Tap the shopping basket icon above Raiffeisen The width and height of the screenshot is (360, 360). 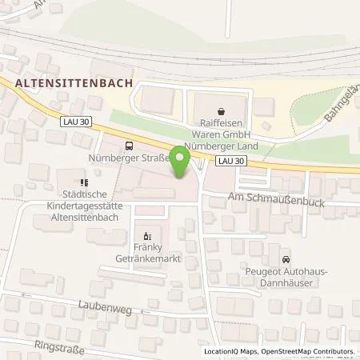[x=221, y=113]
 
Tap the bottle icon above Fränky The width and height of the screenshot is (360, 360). [x=146, y=236]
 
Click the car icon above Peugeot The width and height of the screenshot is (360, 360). [x=286, y=259]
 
